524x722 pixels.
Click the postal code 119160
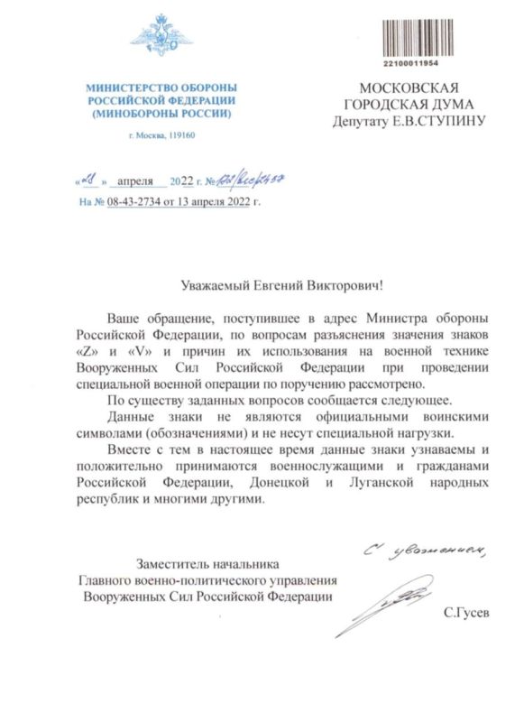179,135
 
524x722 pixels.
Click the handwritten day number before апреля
90,179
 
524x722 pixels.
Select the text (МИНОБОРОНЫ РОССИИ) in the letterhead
161,116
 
